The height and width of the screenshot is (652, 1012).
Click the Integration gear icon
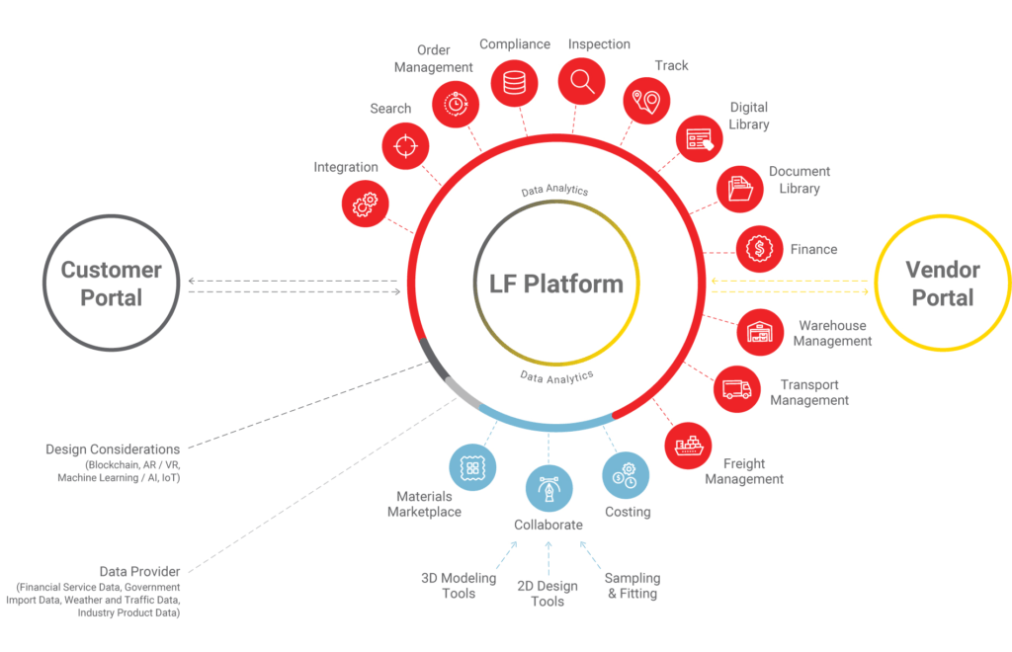365,204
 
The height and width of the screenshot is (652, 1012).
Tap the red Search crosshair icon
405,146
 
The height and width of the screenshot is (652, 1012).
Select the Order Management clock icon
456,101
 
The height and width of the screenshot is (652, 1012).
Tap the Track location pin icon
646,101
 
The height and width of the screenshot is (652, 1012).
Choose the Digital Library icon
700,138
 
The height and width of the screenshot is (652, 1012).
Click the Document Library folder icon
739,188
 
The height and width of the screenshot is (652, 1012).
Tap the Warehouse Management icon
761,332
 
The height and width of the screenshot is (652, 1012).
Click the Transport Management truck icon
737,388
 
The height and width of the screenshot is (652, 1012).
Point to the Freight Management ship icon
689,447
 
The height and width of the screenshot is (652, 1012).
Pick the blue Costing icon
627,474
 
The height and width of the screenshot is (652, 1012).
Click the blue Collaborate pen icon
548,489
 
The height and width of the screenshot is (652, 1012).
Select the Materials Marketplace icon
472,467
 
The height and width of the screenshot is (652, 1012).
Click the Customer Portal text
111,284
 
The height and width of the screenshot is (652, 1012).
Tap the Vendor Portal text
943,284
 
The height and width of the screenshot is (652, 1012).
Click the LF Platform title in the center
556,285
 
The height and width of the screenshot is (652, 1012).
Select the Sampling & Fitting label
632,586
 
